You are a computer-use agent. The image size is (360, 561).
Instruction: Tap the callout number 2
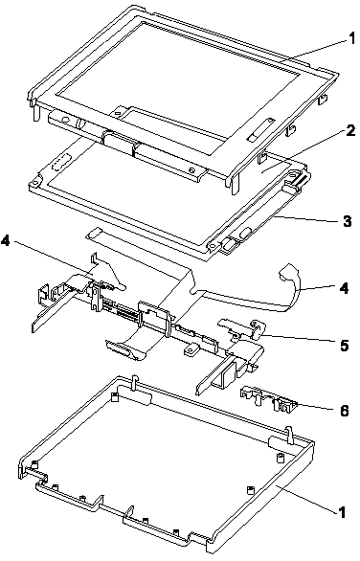coord(350,130)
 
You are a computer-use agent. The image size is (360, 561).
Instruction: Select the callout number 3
coord(348,220)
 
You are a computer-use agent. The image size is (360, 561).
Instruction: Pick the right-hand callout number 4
coord(344,287)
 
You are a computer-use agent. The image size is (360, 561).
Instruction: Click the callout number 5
coord(344,346)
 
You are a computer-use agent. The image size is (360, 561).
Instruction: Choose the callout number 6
coord(344,410)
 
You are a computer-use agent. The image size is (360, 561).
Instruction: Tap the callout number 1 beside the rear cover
coord(342,512)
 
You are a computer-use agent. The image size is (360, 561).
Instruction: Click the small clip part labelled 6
coord(268,398)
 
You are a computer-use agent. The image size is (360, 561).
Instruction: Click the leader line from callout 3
coord(307,218)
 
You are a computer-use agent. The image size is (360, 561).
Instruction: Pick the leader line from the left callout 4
coord(53,259)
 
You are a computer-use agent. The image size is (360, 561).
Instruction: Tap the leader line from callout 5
coord(299,339)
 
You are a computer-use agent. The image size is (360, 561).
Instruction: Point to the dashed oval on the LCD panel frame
coord(61,162)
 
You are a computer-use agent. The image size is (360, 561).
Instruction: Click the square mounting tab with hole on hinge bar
coord(191,349)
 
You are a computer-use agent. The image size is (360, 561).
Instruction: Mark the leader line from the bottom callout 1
coord(306,500)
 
